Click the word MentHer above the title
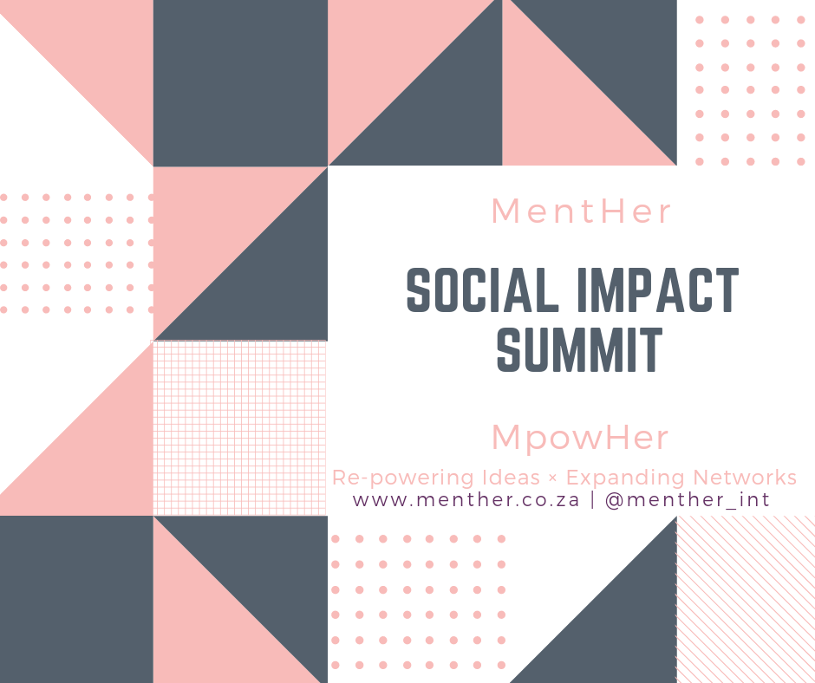click(581, 211)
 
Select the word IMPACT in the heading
click(658, 290)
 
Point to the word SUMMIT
click(579, 349)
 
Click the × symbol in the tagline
click(552, 478)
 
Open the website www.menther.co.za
click(466, 500)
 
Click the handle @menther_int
click(688, 500)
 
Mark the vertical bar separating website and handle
click(592, 500)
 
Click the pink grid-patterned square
click(239, 428)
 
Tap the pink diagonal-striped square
click(746, 599)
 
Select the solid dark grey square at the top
click(240, 83)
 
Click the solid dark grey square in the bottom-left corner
click(76, 599)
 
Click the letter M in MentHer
click(505, 211)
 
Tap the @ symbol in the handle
click(615, 500)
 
